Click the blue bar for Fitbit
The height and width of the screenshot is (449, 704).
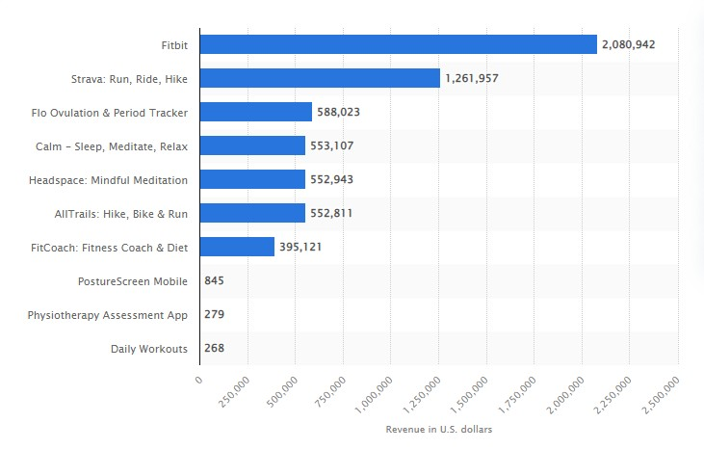click(x=399, y=44)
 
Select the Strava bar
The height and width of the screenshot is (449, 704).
click(x=320, y=78)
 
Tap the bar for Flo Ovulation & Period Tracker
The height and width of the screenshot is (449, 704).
click(x=256, y=112)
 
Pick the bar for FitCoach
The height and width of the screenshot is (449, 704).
click(x=237, y=247)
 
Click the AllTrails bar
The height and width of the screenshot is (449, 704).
click(x=252, y=213)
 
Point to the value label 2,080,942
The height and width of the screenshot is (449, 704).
click(x=628, y=44)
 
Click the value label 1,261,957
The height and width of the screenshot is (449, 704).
click(x=472, y=78)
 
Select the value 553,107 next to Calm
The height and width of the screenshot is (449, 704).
click(x=332, y=145)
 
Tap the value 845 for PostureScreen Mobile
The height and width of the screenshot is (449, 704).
click(x=214, y=280)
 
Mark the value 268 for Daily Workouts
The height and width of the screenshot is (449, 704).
click(x=214, y=348)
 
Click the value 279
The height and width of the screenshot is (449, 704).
click(x=214, y=314)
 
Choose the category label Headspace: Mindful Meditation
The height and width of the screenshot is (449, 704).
click(x=108, y=180)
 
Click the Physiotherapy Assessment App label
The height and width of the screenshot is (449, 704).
click(x=107, y=315)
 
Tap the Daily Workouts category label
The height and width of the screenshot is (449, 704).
click(x=149, y=349)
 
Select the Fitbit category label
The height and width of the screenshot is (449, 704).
click(x=174, y=45)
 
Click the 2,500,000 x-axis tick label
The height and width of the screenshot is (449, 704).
click(x=661, y=395)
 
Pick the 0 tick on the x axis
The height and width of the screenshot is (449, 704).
click(x=199, y=380)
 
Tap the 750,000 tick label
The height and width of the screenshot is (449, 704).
click(x=330, y=391)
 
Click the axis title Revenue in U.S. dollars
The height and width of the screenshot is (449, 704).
click(x=438, y=429)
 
